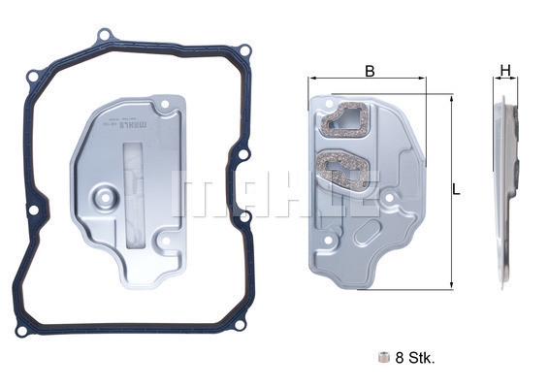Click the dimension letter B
coord(370,70)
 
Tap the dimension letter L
coord(456,189)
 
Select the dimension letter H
coord(504,70)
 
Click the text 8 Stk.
coord(414,357)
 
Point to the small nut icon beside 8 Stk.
coord(383,357)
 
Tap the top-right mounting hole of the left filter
coord(165,101)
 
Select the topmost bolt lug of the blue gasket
coord(104,36)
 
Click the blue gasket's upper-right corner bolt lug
coord(244,51)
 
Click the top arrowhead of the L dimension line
coord(451,98)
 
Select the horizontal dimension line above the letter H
coord(504,81)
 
